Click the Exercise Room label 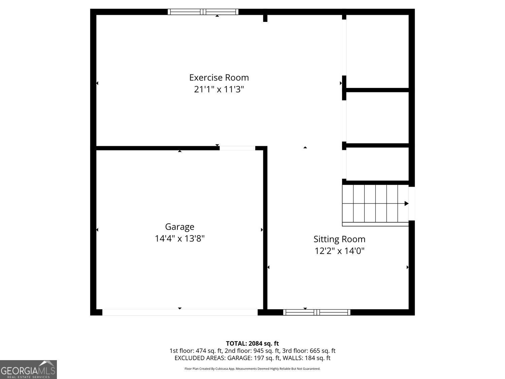click(219, 77)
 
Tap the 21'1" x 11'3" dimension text click(219, 90)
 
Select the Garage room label click(179, 227)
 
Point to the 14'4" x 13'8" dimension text click(179, 239)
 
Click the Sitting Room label click(339, 239)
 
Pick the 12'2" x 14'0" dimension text click(339, 251)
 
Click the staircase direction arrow click(406, 203)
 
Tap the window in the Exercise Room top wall click(203, 12)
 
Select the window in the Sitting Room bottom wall click(316, 312)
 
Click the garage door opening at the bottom click(180, 312)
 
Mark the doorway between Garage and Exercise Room click(237, 148)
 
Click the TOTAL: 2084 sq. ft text click(252, 344)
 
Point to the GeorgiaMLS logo click(28, 370)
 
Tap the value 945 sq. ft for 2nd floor click(266, 351)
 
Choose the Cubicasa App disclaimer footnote click(252, 369)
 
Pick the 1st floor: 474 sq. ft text click(196, 351)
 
